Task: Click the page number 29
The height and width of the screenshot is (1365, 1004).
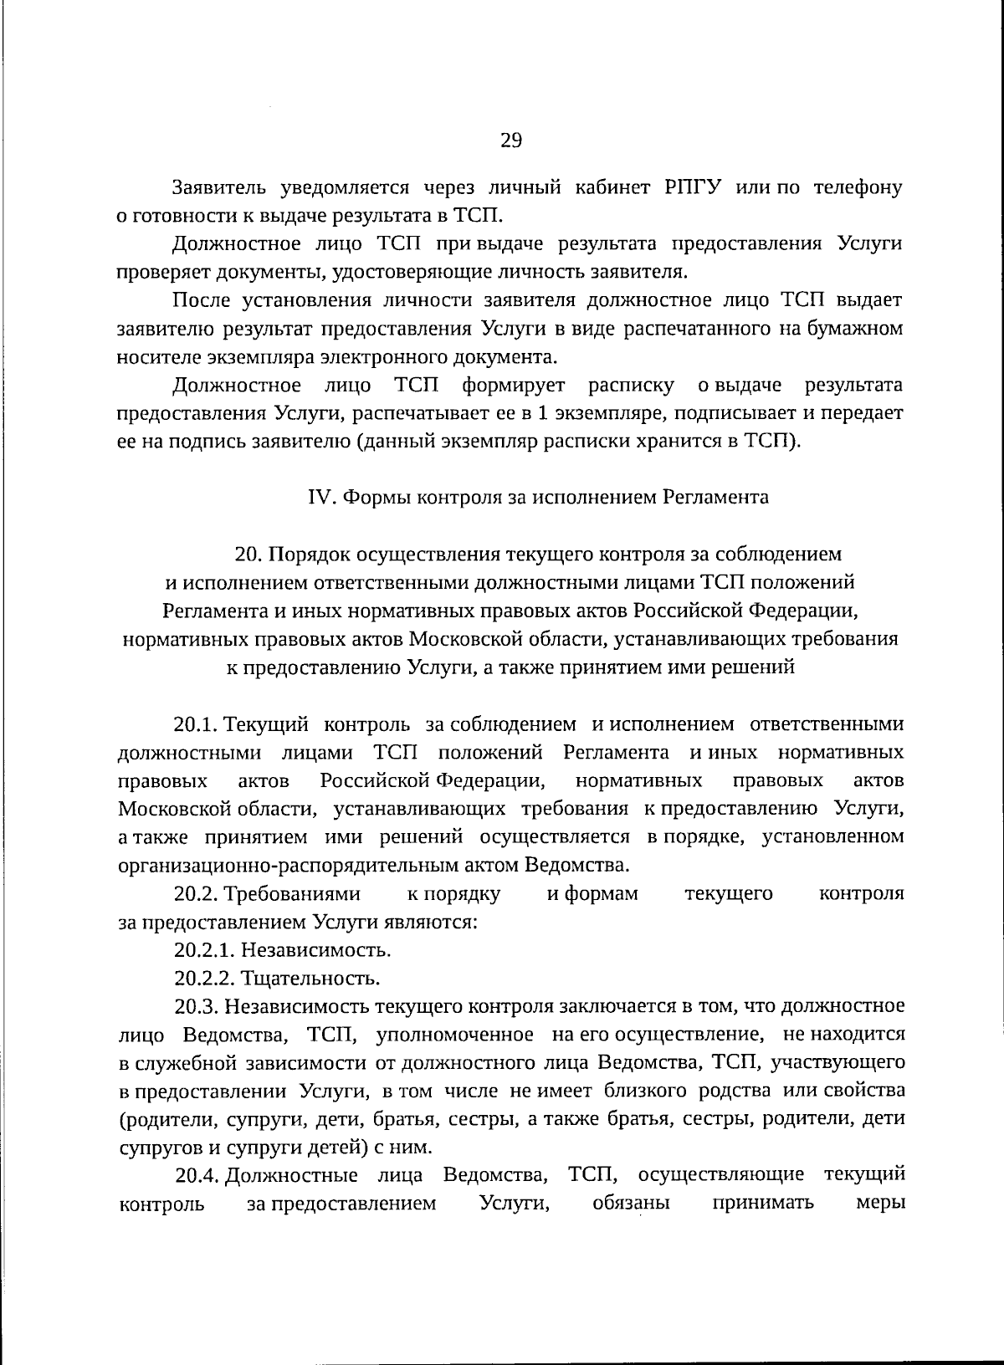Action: tap(511, 140)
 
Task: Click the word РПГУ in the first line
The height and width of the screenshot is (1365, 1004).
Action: tap(691, 187)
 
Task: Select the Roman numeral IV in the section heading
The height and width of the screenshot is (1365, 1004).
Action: tap(321, 497)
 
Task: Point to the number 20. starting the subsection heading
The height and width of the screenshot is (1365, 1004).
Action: tap(249, 554)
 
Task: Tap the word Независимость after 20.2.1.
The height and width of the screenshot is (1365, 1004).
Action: tap(316, 950)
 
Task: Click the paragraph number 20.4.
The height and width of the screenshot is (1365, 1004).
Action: tap(197, 1175)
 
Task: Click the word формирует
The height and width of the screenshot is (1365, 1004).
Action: tap(514, 386)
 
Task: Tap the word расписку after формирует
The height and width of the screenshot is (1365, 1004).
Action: tap(631, 386)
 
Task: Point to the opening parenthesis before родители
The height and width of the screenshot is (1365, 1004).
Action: tap(122, 1119)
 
